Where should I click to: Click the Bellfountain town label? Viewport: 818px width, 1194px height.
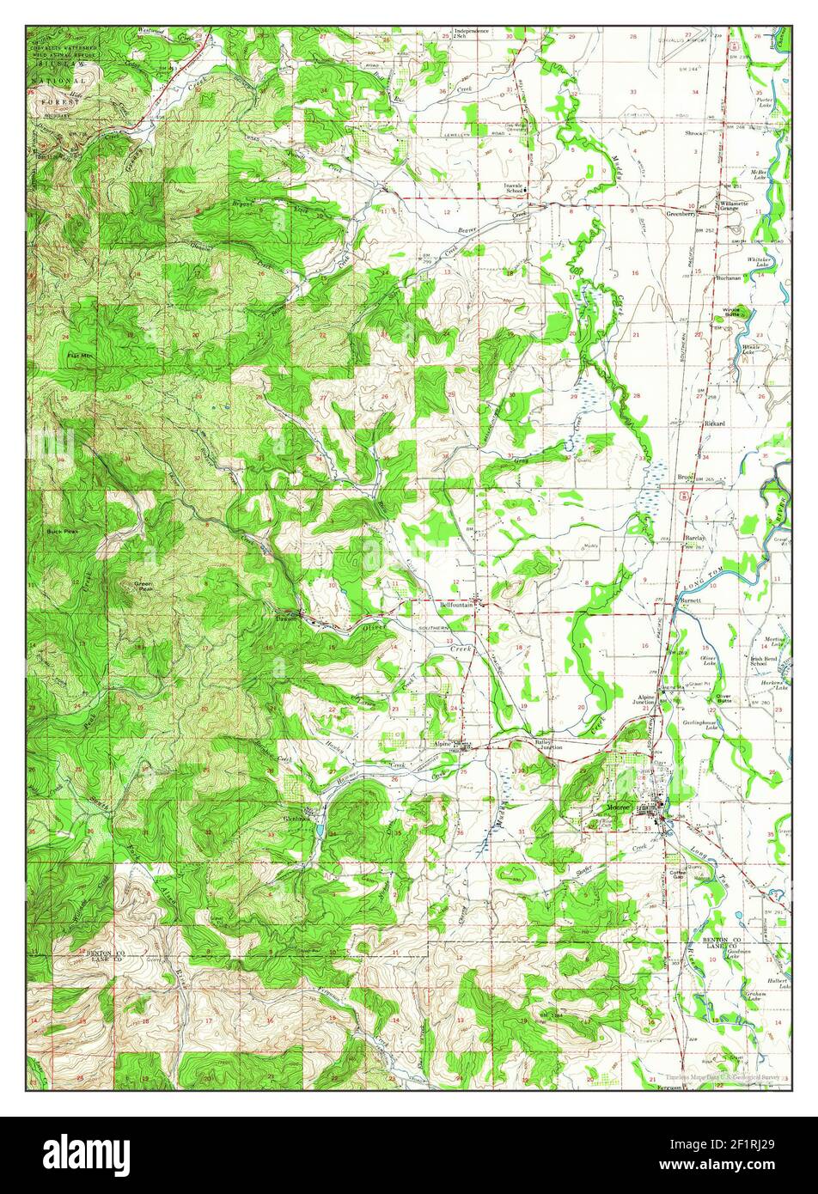[x=457, y=605]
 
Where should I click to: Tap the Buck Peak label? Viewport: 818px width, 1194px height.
[x=62, y=533]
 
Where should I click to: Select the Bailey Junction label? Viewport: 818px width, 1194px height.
[x=548, y=744]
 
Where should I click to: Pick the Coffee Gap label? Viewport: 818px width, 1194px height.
[x=679, y=874]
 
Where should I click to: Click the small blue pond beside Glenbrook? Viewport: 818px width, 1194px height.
[x=320, y=832]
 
